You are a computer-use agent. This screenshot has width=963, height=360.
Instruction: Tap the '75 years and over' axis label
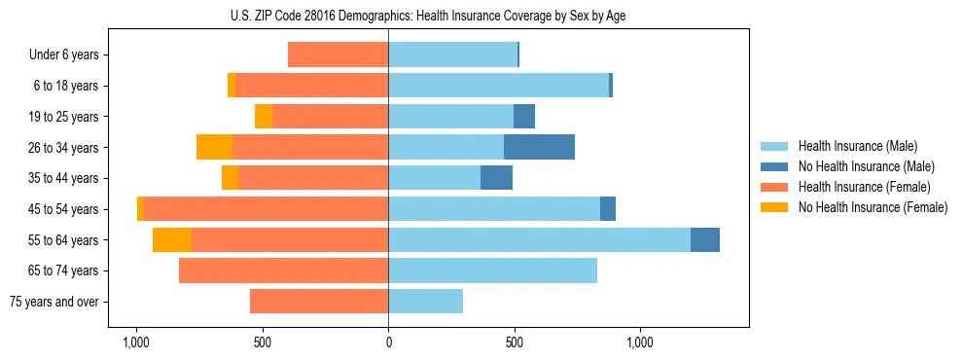point(54,302)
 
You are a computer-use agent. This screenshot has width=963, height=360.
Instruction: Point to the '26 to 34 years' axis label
point(64,148)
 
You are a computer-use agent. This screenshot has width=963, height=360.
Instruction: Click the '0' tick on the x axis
point(388,342)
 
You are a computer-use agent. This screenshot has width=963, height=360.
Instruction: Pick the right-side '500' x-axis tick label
point(515,342)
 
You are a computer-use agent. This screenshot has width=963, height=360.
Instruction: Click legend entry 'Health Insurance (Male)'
point(857,146)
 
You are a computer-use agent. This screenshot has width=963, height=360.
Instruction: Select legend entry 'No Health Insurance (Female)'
point(873,207)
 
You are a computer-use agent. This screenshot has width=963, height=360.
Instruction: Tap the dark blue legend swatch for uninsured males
point(774,166)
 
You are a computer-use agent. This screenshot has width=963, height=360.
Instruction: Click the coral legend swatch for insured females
point(774,187)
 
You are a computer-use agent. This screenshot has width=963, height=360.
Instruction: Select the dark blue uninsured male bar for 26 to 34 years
point(539,147)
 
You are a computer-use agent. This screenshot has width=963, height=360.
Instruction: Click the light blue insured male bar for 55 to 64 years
point(539,239)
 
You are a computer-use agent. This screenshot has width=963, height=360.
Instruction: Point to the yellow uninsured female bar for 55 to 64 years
point(172,239)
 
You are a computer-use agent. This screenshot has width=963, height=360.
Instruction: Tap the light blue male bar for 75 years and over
point(425,302)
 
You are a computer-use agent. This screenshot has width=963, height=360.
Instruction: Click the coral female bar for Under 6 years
point(338,54)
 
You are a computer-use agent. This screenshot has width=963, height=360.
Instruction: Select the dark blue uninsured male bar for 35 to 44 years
point(496,178)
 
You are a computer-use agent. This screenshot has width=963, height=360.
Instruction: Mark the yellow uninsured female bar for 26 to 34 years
point(214,147)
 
